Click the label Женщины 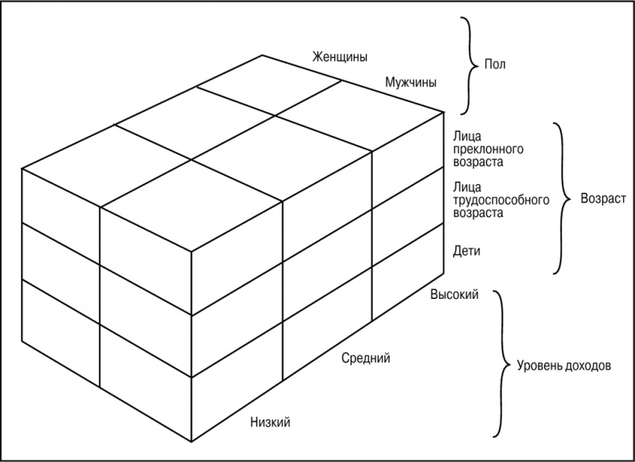340,57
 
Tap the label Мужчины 411,83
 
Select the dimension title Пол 495,64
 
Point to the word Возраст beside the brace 603,198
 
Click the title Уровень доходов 563,366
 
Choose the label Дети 466,251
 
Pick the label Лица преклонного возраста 488,149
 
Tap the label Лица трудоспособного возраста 501,199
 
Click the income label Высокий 454,294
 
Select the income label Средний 366,358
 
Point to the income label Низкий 270,423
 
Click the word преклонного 488,149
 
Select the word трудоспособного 501,200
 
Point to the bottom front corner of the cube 191,441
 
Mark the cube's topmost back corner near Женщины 262,55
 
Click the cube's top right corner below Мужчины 444,112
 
